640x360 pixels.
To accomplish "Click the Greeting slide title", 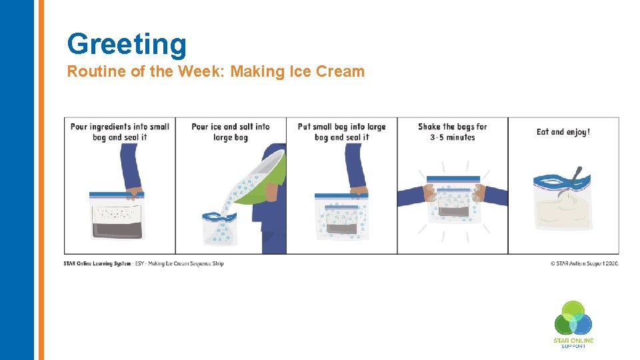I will coord(127,44).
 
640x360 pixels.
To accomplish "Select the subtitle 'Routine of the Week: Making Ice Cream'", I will coord(215,72).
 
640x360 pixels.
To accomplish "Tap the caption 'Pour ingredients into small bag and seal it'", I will coord(120,132).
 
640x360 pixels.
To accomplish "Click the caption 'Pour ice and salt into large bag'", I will coord(231,132).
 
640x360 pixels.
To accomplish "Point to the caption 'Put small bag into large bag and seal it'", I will coord(341,132).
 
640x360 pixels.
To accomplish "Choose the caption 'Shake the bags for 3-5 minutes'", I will coord(452,132).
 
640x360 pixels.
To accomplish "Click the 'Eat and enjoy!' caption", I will coord(563,132).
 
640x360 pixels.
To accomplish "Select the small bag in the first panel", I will coord(117,215).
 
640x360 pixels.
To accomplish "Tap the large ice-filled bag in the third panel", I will coord(341,217).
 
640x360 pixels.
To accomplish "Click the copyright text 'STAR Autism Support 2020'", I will coord(585,263).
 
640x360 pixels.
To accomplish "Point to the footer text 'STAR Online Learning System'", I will coord(97,263).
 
